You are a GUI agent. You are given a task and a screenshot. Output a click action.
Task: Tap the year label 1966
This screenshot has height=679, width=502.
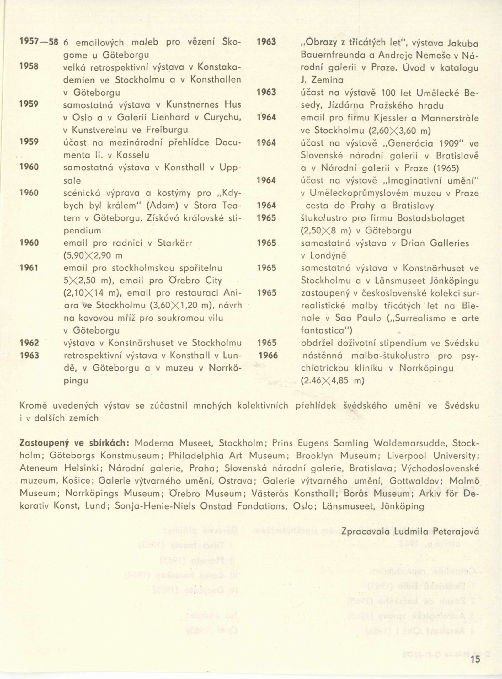click(x=268, y=355)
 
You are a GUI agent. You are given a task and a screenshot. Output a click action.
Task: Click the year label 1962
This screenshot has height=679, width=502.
click(x=29, y=343)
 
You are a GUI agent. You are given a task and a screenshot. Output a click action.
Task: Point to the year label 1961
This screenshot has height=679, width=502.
click(x=29, y=268)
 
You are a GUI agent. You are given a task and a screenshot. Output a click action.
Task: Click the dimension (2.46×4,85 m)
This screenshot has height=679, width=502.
click(x=333, y=381)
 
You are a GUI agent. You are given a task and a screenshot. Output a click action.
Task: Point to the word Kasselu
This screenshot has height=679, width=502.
click(x=133, y=155)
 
